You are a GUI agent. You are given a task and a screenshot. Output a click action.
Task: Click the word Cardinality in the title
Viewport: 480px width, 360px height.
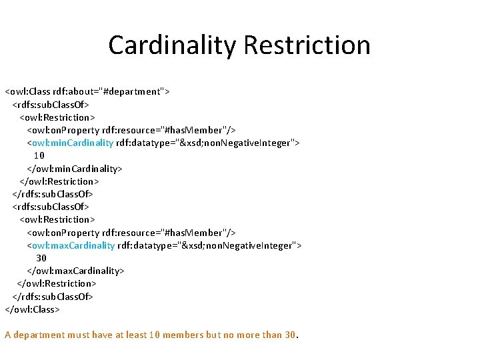coord(172,45)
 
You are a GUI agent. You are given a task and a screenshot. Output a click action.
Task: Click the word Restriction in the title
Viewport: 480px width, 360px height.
coord(307,45)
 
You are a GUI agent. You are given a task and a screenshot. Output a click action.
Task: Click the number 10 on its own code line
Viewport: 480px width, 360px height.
coord(39,155)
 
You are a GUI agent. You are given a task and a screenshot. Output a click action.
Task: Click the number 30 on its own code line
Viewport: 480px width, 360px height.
coord(41,258)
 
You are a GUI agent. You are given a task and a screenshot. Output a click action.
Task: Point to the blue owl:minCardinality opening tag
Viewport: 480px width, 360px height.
coord(70,143)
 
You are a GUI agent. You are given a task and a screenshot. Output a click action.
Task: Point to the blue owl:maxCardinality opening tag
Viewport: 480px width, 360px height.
coord(71,245)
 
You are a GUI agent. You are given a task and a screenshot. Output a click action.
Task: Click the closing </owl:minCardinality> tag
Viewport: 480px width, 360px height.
coord(74,168)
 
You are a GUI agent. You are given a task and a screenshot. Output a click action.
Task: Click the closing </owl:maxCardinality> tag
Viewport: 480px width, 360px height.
coord(75,271)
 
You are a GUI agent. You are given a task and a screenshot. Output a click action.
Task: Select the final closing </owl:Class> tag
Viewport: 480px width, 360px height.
coord(32,309)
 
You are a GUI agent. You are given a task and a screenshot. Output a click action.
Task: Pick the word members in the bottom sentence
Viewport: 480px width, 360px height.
coord(183,335)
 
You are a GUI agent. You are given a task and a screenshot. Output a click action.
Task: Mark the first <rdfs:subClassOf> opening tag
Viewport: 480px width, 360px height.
coord(51,104)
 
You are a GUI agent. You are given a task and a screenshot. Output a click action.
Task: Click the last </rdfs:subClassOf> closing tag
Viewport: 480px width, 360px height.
coord(53,296)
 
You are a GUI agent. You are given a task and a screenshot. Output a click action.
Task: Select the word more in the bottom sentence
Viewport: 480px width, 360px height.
coord(248,335)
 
